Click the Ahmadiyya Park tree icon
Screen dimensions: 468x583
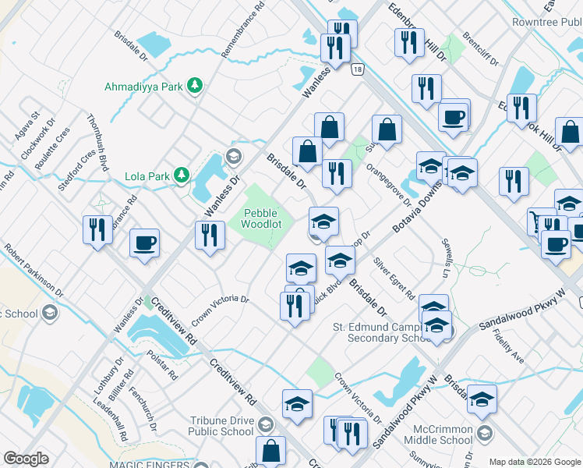tap(194, 86)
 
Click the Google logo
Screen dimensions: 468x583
tap(26, 459)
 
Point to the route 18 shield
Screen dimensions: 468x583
tap(356, 69)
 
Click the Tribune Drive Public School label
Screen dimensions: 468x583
tap(221, 426)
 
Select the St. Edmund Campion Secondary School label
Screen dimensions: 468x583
tap(380, 332)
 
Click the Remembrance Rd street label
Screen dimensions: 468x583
tap(242, 32)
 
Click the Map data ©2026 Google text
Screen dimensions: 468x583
tap(534, 461)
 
